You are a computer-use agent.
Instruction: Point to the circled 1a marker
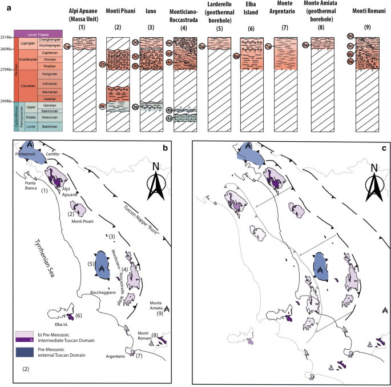click(x=67, y=46)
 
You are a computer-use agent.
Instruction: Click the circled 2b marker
click(x=103, y=65)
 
